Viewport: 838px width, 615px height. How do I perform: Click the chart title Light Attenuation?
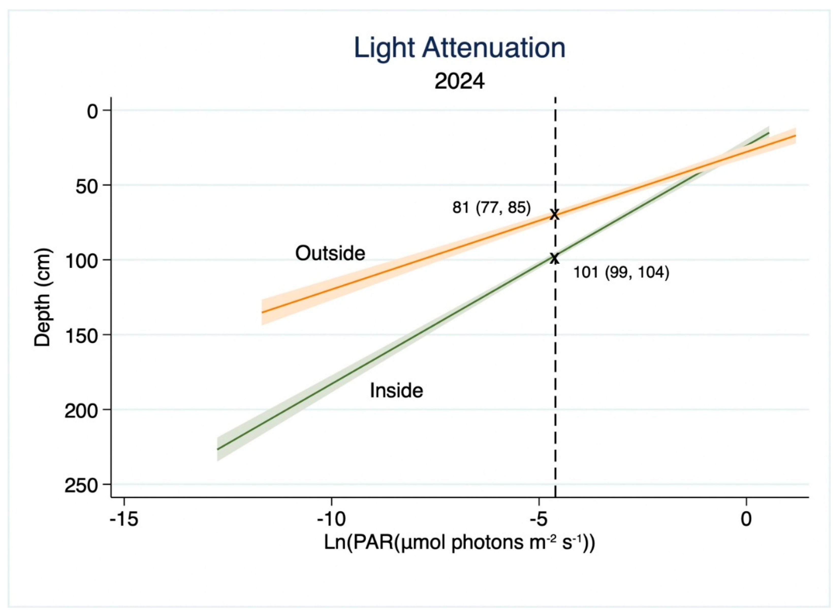459,48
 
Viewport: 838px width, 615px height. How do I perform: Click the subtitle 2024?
459,81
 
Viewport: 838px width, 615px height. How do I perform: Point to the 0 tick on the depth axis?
92,111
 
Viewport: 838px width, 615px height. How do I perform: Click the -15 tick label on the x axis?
124,519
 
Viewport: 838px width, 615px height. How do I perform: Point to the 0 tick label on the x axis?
746,519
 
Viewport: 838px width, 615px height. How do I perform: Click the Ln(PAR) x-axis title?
459,543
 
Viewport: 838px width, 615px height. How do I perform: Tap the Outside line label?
330,253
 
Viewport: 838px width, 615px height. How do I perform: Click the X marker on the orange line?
555,214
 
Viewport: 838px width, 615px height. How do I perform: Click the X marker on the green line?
555,258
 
